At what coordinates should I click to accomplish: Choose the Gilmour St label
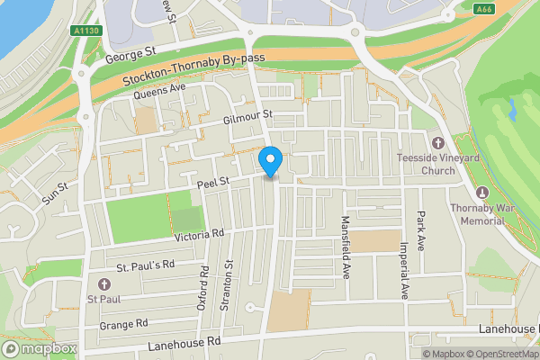[247, 118]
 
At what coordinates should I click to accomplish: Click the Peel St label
[214, 182]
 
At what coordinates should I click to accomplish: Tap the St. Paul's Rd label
[145, 266]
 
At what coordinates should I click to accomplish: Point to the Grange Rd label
[123, 324]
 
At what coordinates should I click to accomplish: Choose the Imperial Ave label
[404, 269]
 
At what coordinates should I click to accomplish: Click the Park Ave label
[420, 230]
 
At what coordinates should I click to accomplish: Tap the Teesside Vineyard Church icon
[438, 144]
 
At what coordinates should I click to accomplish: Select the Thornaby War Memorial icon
[481, 193]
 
